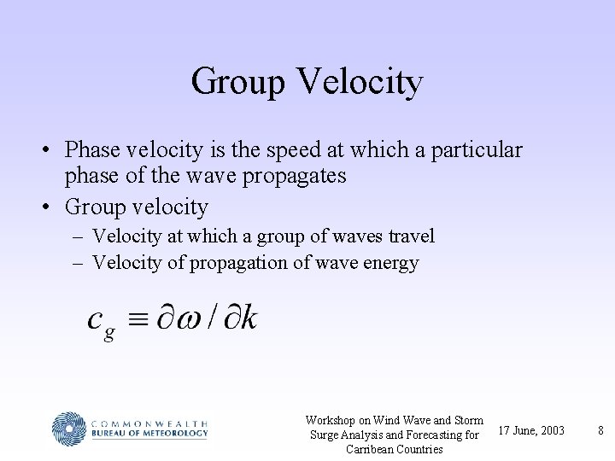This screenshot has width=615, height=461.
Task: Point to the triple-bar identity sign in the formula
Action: tap(138, 319)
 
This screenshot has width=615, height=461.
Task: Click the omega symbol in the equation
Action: tap(186, 319)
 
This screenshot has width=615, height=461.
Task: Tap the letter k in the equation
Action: tap(247, 318)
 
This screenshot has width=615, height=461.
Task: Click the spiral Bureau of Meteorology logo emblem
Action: tap(69, 429)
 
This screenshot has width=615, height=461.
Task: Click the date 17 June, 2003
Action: tap(530, 429)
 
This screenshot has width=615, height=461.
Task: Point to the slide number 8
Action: tap(600, 429)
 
